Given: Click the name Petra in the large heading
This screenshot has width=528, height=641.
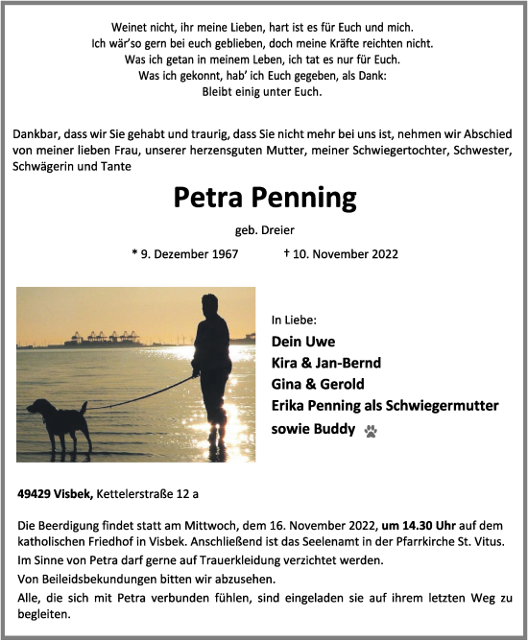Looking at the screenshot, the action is pyautogui.click(x=208, y=198).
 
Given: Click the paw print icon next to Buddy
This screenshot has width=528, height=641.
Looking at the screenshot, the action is pyautogui.click(x=371, y=431).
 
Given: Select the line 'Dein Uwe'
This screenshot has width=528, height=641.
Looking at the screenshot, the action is pyautogui.click(x=303, y=342).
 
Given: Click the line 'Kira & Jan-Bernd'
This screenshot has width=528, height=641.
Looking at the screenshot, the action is pyautogui.click(x=326, y=363).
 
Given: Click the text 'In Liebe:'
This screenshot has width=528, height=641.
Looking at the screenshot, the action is pyautogui.click(x=293, y=320).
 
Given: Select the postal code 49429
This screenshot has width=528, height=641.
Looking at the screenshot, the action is pyautogui.click(x=36, y=494).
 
